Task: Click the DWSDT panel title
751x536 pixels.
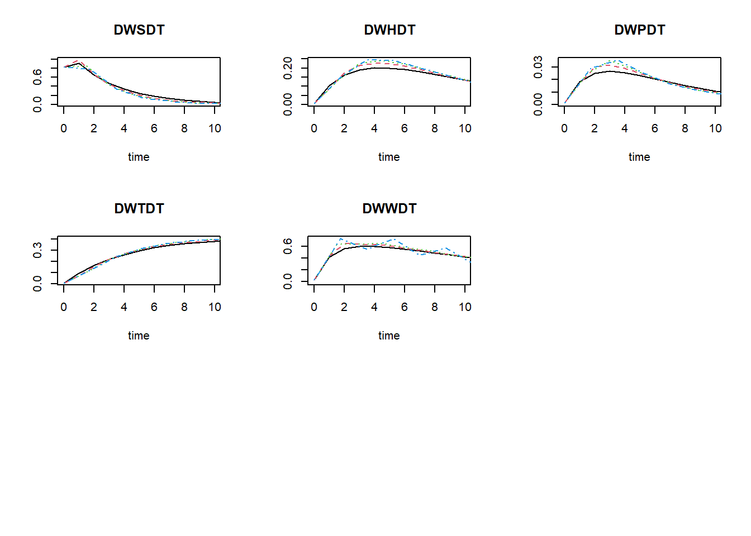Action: pyautogui.click(x=139, y=30)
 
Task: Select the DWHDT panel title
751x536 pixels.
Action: pyautogui.click(x=389, y=30)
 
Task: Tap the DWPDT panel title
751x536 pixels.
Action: pyautogui.click(x=640, y=30)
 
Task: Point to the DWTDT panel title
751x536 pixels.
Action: pyautogui.click(x=139, y=209)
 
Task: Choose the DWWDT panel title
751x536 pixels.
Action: pyautogui.click(x=389, y=209)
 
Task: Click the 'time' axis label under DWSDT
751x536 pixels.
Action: pyautogui.click(x=139, y=157)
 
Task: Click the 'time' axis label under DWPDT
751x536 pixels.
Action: pyautogui.click(x=639, y=157)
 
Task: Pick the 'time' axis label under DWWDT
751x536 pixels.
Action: pyautogui.click(x=389, y=336)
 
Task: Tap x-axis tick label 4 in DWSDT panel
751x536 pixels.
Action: pyautogui.click(x=124, y=128)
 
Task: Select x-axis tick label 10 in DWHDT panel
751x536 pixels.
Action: pyautogui.click(x=465, y=128)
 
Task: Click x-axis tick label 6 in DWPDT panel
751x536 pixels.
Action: pyautogui.click(x=655, y=128)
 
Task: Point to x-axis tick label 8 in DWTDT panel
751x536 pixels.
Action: pyautogui.click(x=184, y=307)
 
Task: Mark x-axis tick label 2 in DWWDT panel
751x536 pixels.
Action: pyautogui.click(x=344, y=307)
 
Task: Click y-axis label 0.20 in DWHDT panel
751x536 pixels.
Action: pyautogui.click(x=288, y=68)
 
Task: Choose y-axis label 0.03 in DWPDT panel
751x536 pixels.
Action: pyautogui.click(x=538, y=67)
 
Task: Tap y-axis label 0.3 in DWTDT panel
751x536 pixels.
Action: pyautogui.click(x=37, y=250)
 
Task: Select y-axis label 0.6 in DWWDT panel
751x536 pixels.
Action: pyautogui.click(x=288, y=246)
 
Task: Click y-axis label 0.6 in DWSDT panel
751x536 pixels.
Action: pyautogui.click(x=37, y=76)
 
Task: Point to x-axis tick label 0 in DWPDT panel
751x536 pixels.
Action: pyautogui.click(x=564, y=128)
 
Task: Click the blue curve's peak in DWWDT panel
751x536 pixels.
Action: pyautogui.click(x=341, y=239)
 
